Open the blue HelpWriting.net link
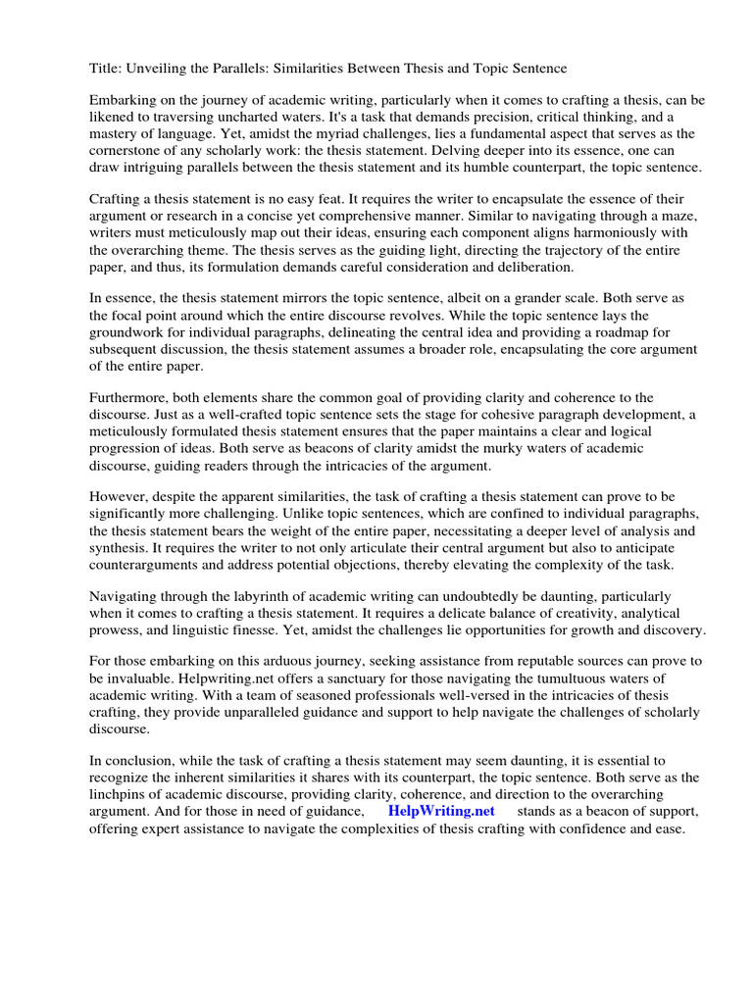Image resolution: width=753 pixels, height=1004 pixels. [x=441, y=811]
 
